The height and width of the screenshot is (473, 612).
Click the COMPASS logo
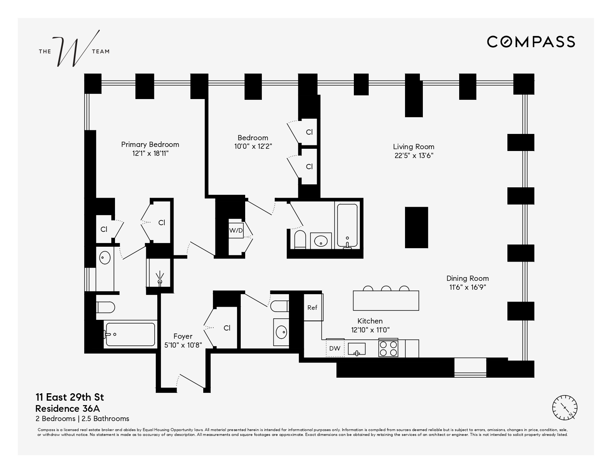click(531, 42)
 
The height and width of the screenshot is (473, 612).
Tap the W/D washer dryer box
click(236, 230)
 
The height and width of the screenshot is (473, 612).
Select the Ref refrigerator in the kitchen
click(312, 308)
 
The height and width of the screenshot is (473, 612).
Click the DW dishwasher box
click(335, 348)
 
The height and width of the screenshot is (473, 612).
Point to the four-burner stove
click(388, 348)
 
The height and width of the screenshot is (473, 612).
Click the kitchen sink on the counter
click(356, 349)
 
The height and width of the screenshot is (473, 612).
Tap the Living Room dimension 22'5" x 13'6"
click(414, 156)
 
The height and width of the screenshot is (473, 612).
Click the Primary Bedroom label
click(150, 144)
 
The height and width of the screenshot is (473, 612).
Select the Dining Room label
click(467, 278)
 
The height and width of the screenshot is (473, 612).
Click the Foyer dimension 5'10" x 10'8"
click(183, 345)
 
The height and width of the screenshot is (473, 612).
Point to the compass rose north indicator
click(565, 408)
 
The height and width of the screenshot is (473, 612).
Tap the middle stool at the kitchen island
click(386, 288)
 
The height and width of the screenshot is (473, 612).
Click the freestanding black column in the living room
click(416, 227)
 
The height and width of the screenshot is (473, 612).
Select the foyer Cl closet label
click(227, 328)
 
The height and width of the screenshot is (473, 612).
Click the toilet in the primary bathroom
click(105, 307)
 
